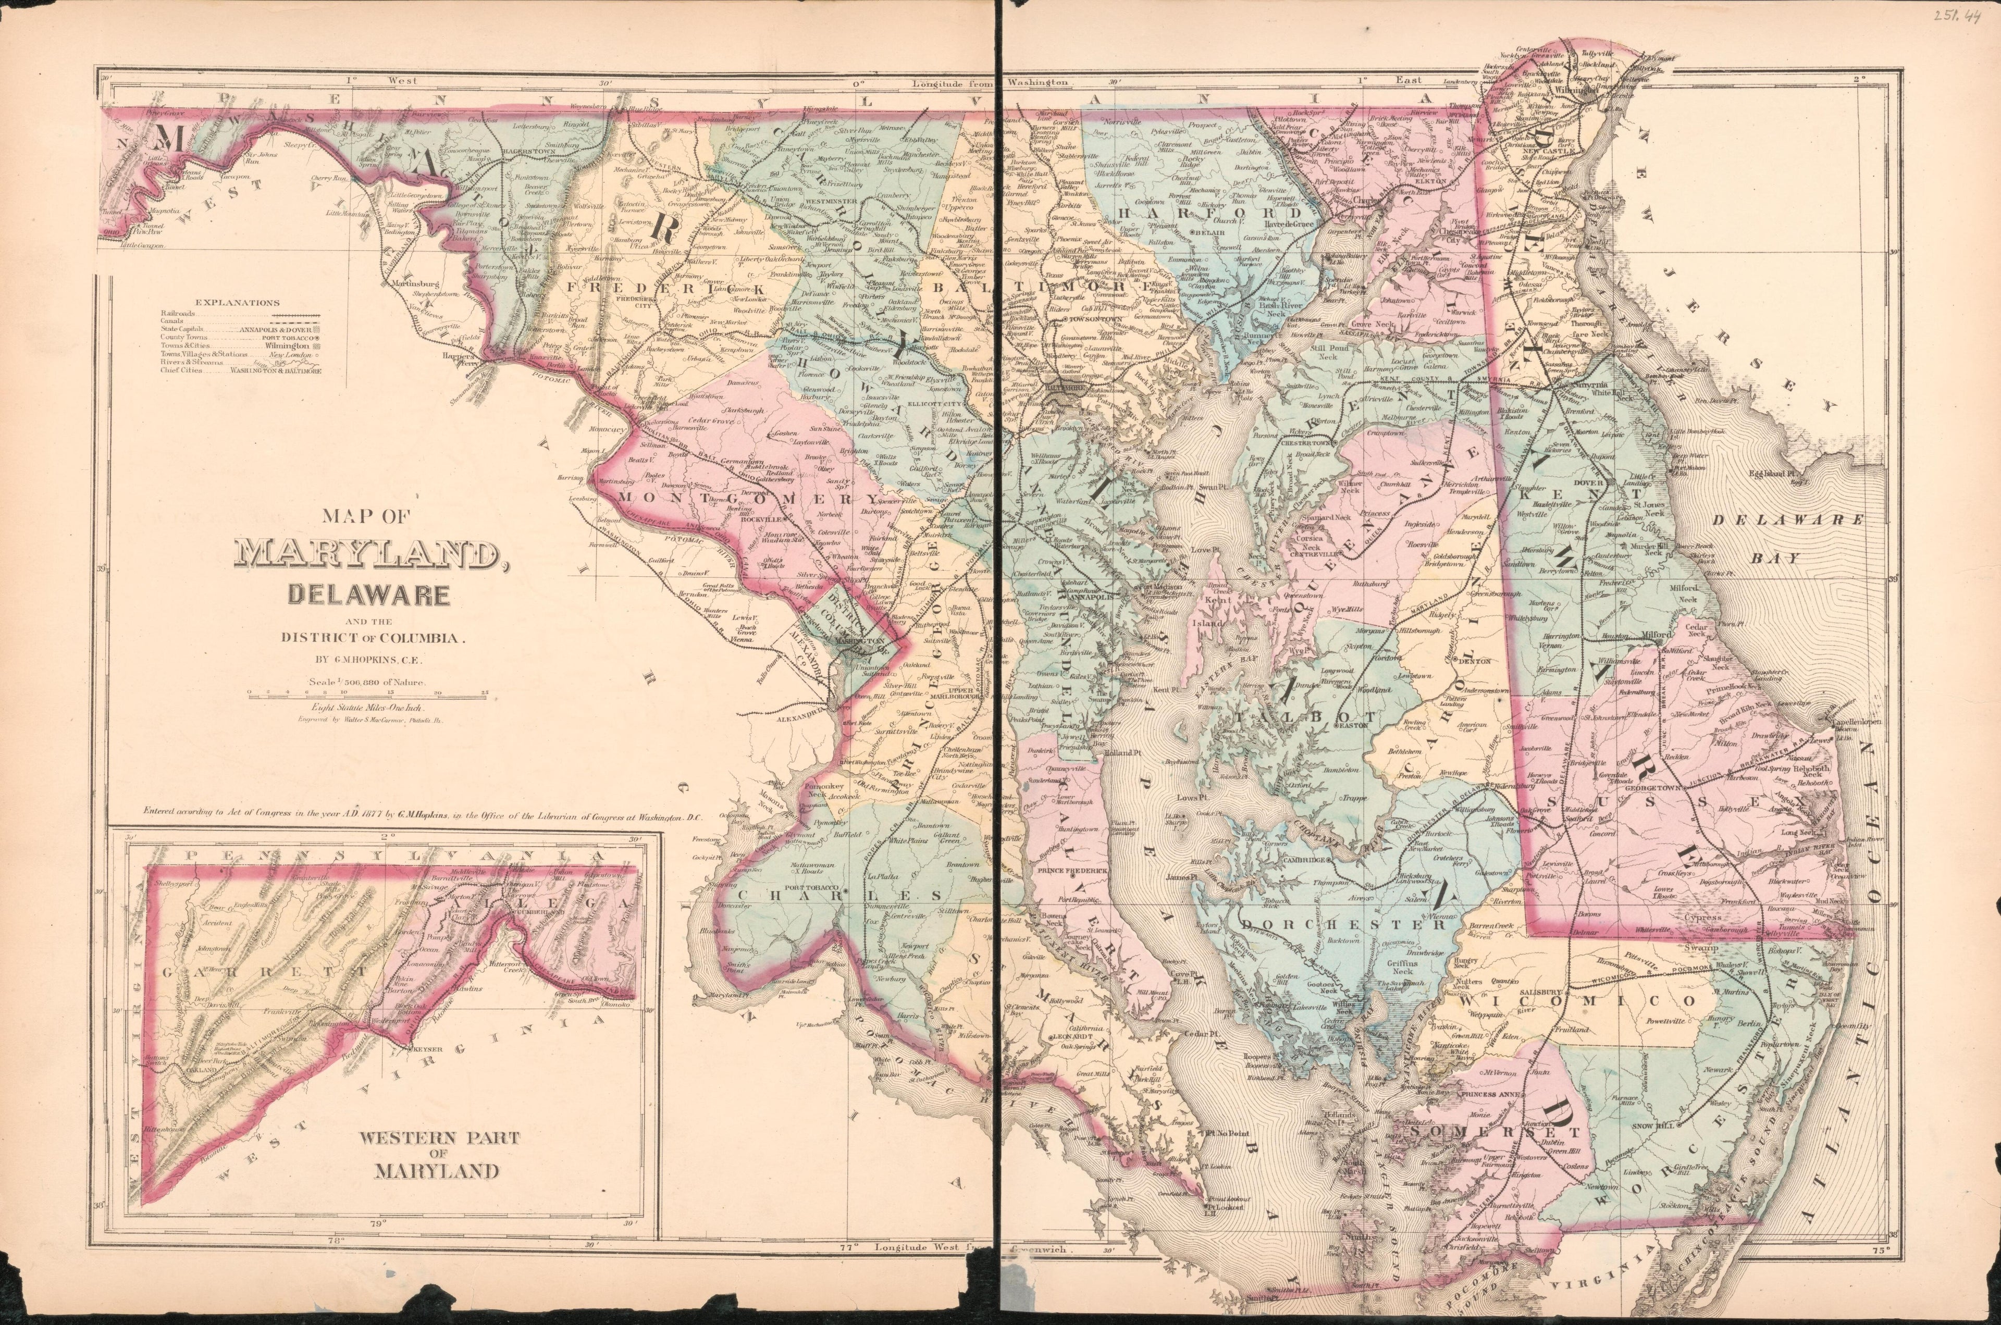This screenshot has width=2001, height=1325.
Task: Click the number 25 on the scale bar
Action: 484,691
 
